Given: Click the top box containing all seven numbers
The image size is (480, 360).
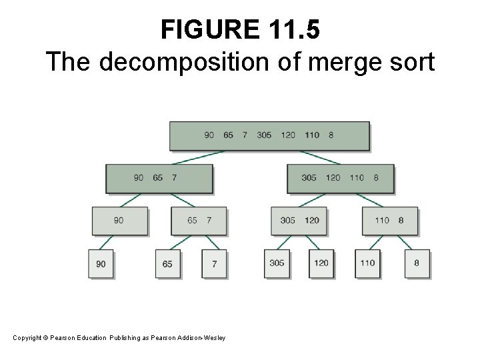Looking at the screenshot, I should click(269, 135).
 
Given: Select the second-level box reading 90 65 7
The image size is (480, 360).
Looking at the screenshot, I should click(159, 178).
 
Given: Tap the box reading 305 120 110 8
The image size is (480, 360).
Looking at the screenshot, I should click(340, 178).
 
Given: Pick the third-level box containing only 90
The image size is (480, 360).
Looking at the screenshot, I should click(119, 221).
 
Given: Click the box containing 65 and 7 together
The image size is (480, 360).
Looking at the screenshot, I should click(199, 221).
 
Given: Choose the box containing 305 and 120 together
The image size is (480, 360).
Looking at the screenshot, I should click(299, 221).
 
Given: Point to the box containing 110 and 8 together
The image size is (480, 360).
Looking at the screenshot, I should click(390, 221).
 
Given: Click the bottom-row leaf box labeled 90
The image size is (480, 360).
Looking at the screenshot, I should click(101, 264).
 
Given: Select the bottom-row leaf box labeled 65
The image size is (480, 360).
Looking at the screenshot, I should click(167, 264).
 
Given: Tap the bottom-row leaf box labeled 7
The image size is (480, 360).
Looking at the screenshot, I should click(214, 264).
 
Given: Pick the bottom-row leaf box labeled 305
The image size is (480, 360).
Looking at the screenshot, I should click(277, 263).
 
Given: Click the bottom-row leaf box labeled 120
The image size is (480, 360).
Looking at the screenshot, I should click(321, 263).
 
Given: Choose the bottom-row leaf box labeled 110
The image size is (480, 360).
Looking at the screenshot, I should click(367, 263).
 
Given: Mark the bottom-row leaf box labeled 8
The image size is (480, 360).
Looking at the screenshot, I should click(417, 263).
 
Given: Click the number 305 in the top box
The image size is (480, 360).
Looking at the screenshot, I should click(264, 135).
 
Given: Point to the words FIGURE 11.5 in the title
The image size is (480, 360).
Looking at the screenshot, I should click(240, 30).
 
